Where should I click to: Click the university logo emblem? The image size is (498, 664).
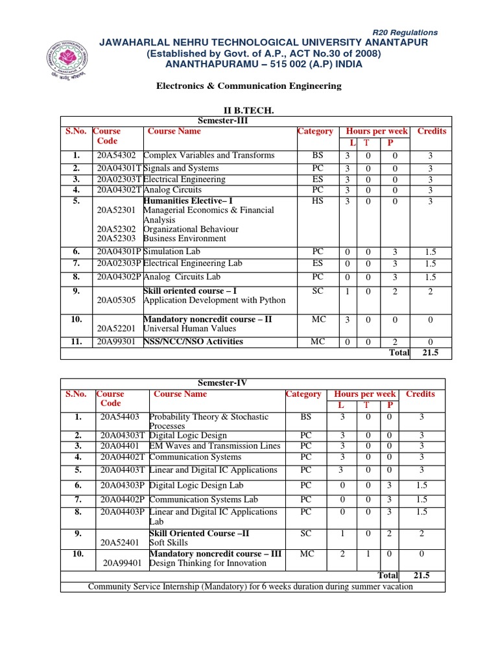[68, 61]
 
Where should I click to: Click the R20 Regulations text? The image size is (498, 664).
[405, 32]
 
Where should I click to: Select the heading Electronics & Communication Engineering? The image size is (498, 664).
[248, 86]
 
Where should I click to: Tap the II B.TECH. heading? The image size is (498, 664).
[248, 112]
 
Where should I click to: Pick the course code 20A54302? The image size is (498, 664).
[117, 156]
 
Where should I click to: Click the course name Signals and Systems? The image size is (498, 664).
[181, 169]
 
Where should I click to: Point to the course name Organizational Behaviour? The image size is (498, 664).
[191, 229]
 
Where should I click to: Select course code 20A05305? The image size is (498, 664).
[116, 300]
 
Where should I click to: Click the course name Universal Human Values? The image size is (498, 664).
[185, 329]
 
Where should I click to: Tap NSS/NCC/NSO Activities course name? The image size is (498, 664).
[193, 342]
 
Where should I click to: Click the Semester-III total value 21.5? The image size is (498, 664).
[431, 353]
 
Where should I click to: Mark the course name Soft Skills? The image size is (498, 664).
[169, 543]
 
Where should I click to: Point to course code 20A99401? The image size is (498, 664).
[124, 563]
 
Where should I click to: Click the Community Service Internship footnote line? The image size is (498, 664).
[250, 587]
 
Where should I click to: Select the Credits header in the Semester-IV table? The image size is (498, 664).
[420, 394]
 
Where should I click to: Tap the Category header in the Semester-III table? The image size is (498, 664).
[315, 131]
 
